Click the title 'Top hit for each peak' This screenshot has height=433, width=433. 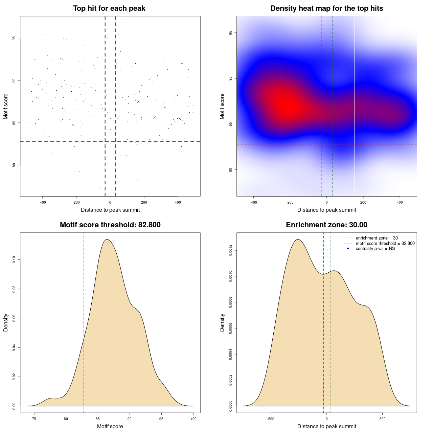click(109, 8)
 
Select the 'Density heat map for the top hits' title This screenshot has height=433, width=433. click(326, 8)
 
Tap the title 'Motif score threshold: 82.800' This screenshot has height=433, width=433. click(110, 225)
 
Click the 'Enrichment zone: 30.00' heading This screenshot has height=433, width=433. click(326, 225)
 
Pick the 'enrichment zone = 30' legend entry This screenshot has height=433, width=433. click(377, 238)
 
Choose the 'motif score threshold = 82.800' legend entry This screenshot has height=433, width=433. click(385, 244)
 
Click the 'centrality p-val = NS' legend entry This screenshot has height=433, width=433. click(375, 249)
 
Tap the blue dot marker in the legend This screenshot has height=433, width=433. click(348, 249)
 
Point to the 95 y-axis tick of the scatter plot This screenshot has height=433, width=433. click(14, 38)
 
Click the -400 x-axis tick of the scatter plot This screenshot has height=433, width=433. click(42, 202)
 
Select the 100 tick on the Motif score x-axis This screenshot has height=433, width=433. click(193, 419)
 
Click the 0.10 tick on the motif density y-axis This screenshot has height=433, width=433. click(14, 260)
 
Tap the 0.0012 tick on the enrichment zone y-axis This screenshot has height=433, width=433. click(231, 251)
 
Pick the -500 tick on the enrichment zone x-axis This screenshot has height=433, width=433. click(271, 419)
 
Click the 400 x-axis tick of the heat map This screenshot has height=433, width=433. click(400, 202)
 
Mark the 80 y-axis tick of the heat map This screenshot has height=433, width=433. click(231, 170)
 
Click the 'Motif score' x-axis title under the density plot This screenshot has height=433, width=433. click(110, 426)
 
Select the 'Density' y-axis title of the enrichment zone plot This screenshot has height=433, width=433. click(222, 322)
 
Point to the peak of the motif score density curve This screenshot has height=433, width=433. click(107, 240)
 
